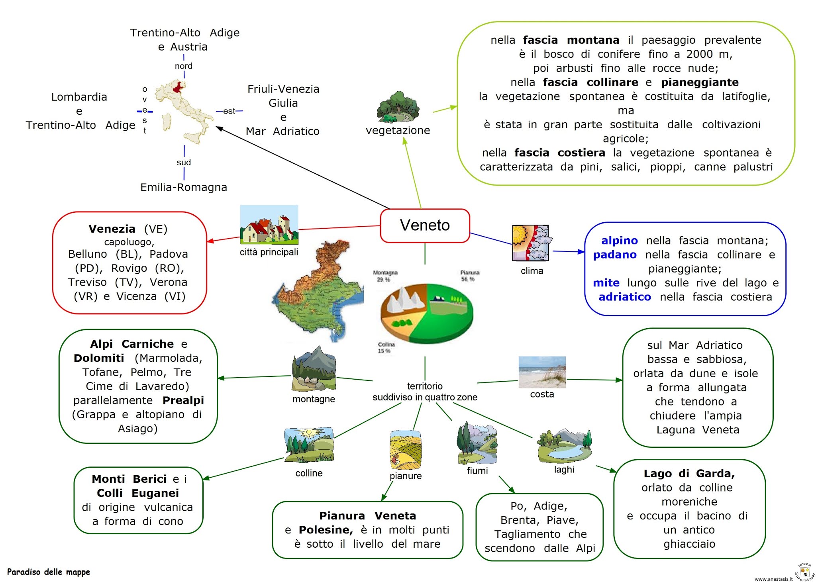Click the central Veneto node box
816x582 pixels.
coord(425,225)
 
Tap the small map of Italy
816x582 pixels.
coord(183,112)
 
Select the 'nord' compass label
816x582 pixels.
coord(184,66)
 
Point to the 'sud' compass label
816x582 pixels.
coord(184,163)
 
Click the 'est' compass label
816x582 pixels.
coord(229,111)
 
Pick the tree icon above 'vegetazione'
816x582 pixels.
coord(398,107)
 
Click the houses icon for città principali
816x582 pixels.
coord(269,225)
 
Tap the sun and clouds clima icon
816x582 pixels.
coord(531,243)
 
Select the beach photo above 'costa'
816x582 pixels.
coord(542,372)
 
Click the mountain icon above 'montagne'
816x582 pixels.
coord(314,369)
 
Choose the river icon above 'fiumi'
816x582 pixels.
coord(477,443)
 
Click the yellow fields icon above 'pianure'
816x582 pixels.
coord(405,449)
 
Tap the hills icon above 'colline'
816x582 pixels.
coord(309,445)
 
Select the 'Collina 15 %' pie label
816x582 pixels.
coord(386,347)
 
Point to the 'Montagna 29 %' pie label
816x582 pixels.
coord(385,276)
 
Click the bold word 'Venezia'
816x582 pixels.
coord(112,229)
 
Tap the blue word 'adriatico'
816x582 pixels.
coord(624,297)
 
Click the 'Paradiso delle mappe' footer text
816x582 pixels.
coord(49,572)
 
